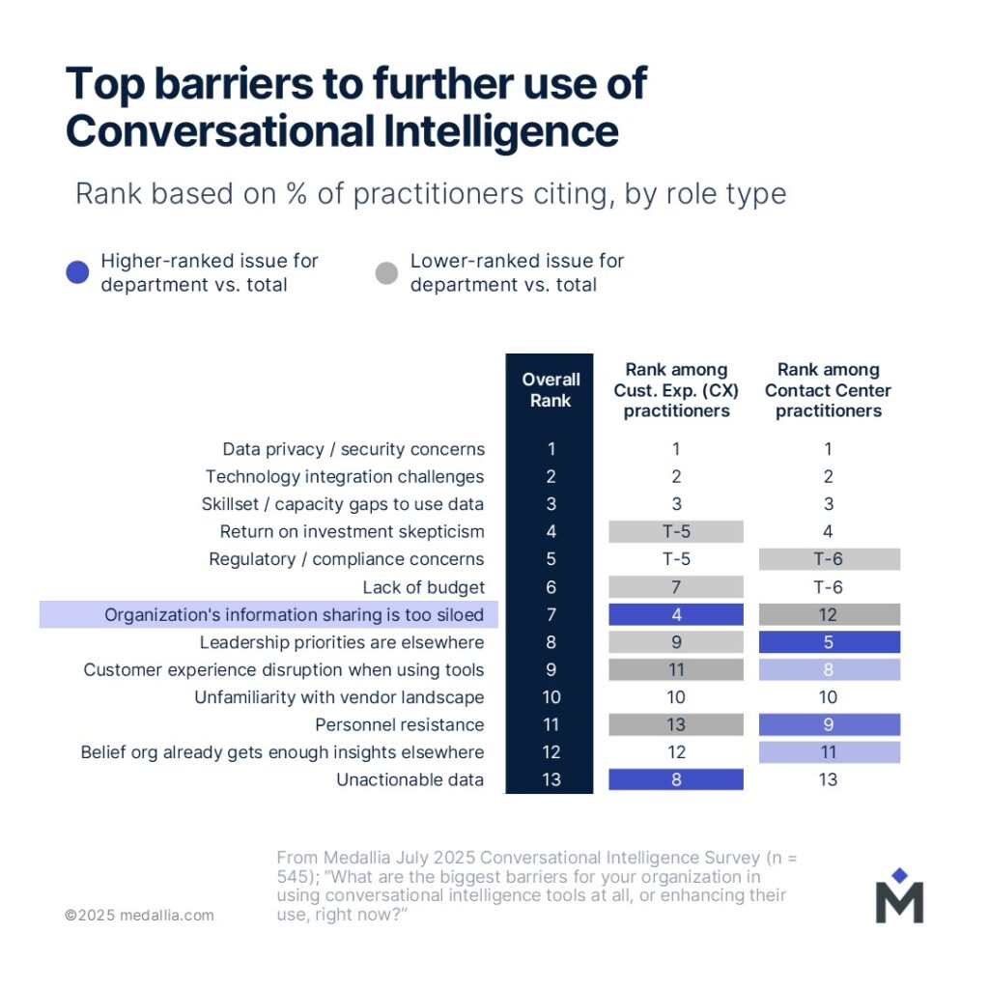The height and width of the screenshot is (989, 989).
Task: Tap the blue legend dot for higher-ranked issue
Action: pyautogui.click(x=77, y=273)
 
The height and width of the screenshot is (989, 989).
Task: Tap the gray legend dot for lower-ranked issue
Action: pyautogui.click(x=386, y=273)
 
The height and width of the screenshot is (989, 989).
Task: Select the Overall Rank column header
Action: pyautogui.click(x=550, y=390)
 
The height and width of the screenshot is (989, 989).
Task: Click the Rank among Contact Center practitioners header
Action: pyautogui.click(x=828, y=390)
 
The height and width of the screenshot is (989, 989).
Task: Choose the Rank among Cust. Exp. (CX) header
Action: pyautogui.click(x=675, y=390)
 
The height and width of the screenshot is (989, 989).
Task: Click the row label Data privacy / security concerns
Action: pyautogui.click(x=353, y=449)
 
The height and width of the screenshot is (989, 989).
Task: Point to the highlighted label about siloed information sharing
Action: pyautogui.click(x=295, y=615)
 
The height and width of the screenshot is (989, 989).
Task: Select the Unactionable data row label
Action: pyautogui.click(x=410, y=780)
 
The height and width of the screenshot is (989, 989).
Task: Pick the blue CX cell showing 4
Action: pyautogui.click(x=676, y=615)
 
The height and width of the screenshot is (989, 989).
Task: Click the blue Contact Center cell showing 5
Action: pyautogui.click(x=828, y=642)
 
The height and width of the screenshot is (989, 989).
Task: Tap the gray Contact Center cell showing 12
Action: pyautogui.click(x=828, y=615)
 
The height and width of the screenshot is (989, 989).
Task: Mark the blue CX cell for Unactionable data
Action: pyautogui.click(x=676, y=780)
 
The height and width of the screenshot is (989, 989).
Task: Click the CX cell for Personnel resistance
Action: pyautogui.click(x=676, y=725)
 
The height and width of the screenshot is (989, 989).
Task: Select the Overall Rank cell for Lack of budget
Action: pyautogui.click(x=550, y=587)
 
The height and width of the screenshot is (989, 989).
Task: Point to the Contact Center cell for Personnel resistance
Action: pyautogui.click(x=828, y=725)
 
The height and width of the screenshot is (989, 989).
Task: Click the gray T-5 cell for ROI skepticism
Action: pyautogui.click(x=676, y=532)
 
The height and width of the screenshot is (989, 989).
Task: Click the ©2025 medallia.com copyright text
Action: pyautogui.click(x=139, y=915)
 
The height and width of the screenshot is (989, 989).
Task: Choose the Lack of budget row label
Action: pyautogui.click(x=423, y=587)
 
